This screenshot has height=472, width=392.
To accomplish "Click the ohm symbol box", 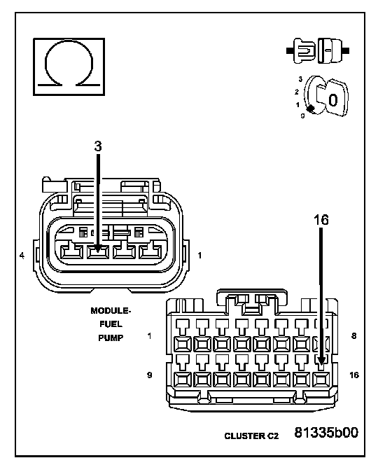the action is point(69,67).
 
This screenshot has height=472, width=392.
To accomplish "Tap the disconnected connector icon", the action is point(318,50).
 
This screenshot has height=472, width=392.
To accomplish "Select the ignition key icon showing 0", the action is point(326,96).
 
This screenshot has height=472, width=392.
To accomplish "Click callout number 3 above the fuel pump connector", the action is point(98,146).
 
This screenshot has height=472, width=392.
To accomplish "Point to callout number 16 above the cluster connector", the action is point(321,220).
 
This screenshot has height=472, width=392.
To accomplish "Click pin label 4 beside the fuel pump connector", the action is point(22,256).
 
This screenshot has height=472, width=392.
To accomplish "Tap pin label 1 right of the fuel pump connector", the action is point(199,256).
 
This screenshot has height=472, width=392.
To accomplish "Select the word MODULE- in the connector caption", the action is point(111,311).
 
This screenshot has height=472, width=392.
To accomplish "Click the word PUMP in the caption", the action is point(111,338).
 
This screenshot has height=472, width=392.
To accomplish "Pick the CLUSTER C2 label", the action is point(251,436).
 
